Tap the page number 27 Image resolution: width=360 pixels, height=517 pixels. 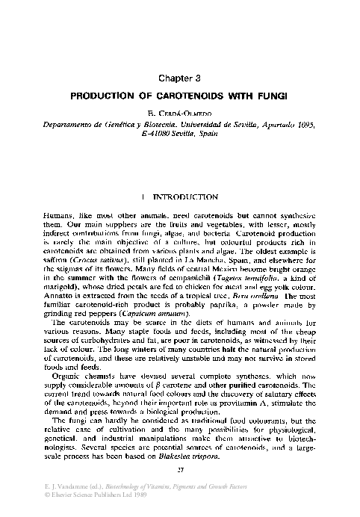[x=179, y=479]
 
